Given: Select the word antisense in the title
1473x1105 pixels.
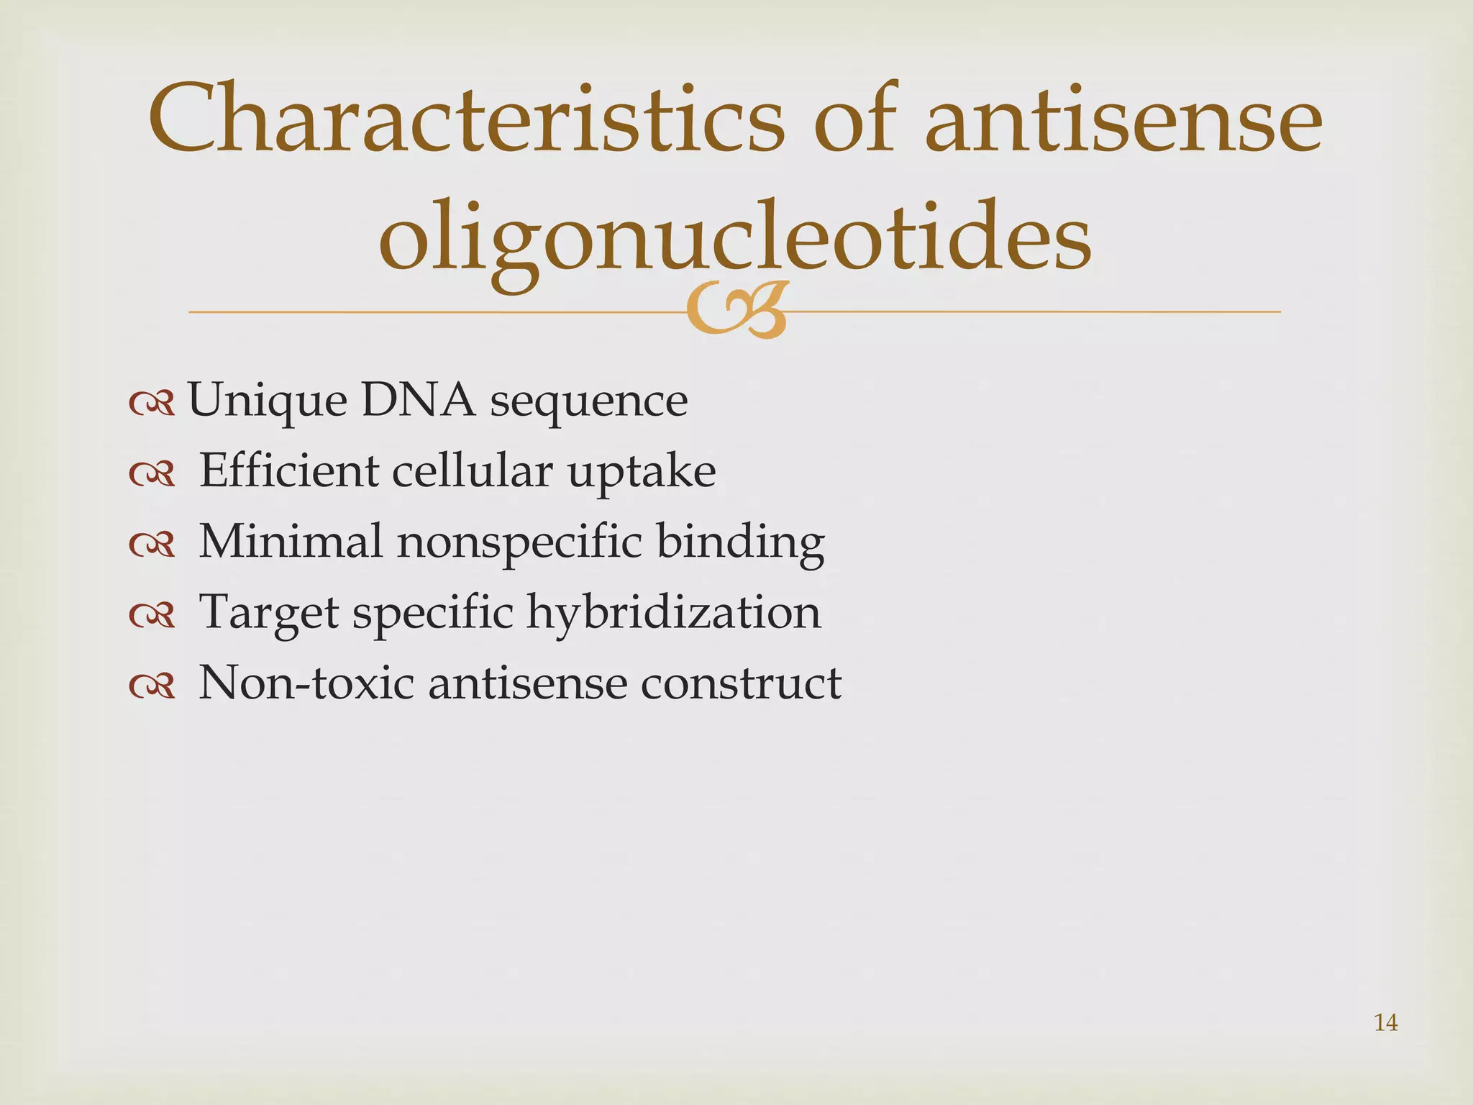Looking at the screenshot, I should (1123, 119).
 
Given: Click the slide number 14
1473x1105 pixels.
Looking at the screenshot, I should (1386, 1022).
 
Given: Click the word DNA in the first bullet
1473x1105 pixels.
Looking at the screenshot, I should (418, 400).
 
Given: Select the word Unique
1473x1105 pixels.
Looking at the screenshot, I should (267, 401).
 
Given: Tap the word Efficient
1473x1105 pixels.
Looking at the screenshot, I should (288, 470).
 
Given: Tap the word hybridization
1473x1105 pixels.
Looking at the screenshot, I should (674, 612).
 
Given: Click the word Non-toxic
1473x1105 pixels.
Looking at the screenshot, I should (306, 682).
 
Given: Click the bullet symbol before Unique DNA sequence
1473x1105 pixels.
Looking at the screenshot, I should (152, 404).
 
